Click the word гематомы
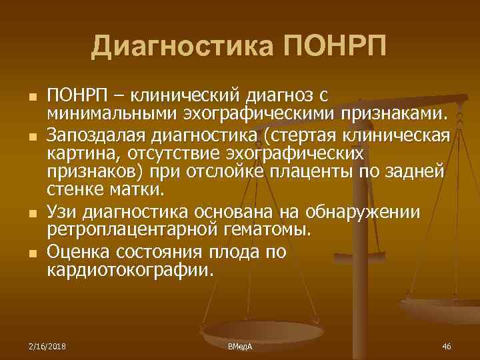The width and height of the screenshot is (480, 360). [267, 231]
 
